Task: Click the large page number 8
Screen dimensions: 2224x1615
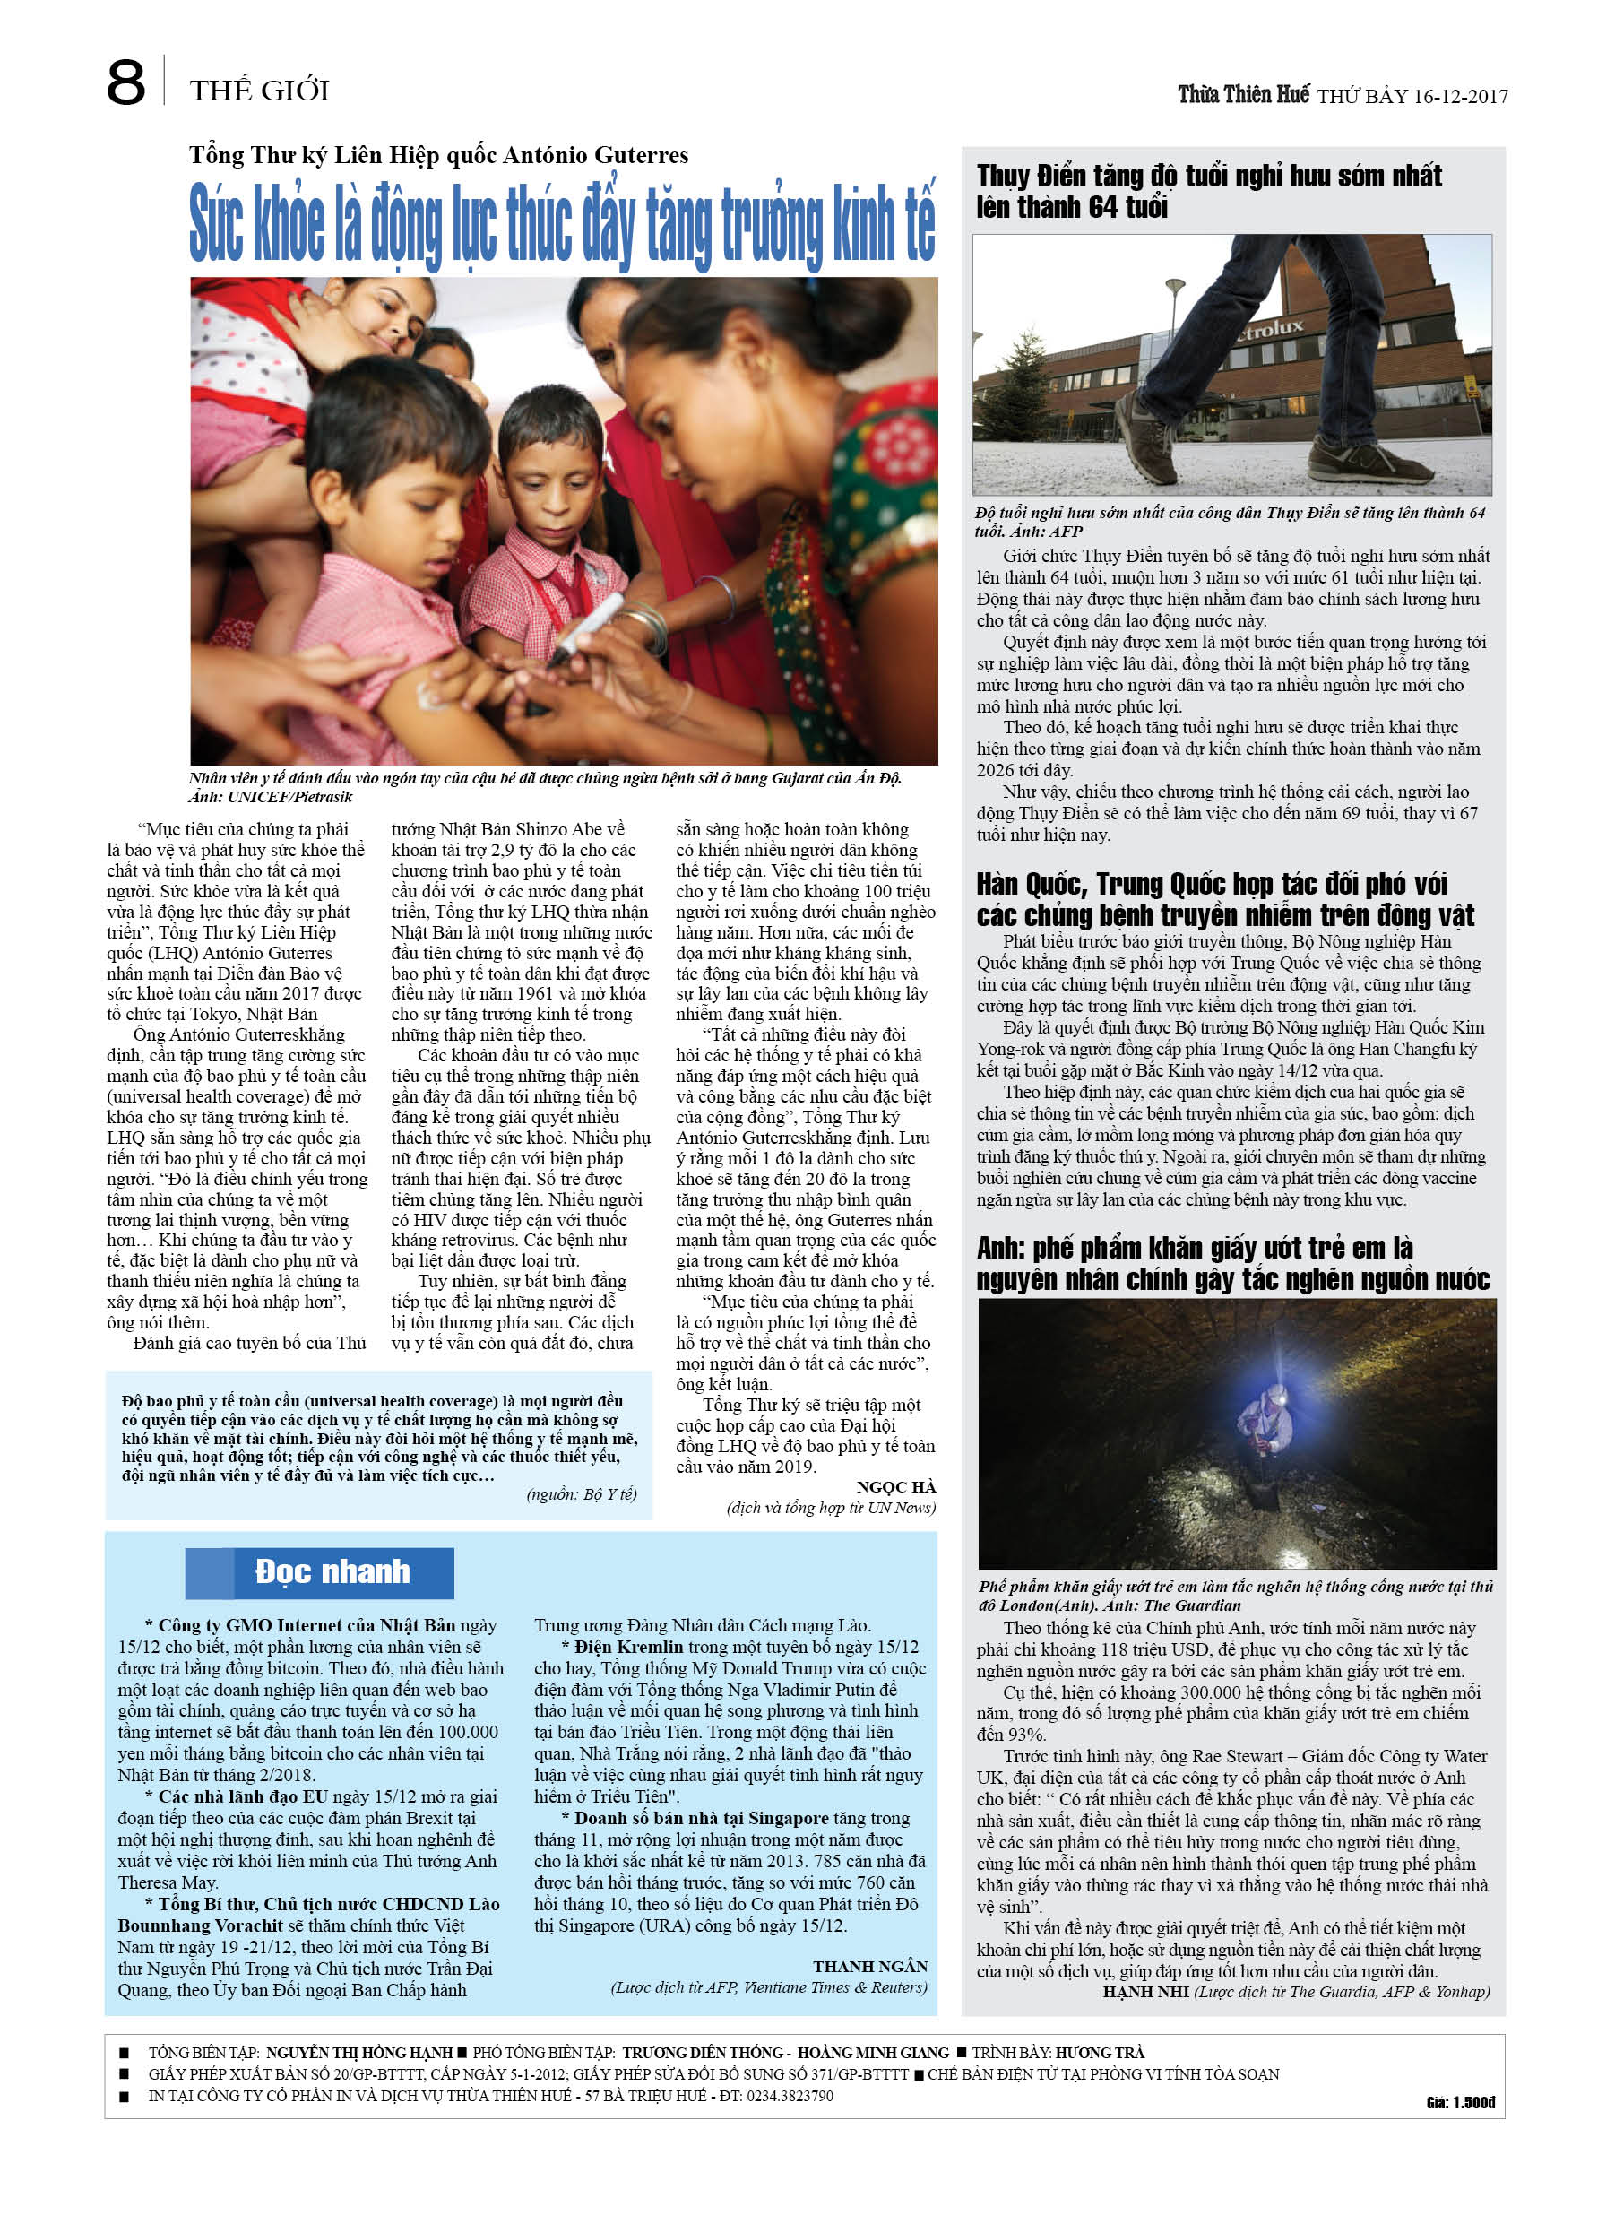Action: [x=125, y=83]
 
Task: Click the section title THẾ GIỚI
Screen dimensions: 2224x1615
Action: [x=260, y=91]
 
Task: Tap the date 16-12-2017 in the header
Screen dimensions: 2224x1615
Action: [x=1460, y=96]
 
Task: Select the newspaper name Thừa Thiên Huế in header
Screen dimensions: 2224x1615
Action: [x=1243, y=94]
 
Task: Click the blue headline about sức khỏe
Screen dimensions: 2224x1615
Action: [x=562, y=223]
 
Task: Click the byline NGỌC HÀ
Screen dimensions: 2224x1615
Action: [x=895, y=1487]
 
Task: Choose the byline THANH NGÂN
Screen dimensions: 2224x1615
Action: [x=869, y=1966]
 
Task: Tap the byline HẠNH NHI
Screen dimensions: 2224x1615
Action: [x=1144, y=1992]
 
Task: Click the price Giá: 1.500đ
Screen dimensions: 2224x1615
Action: [x=1460, y=2101]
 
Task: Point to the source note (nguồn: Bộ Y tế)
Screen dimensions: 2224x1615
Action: [x=582, y=1493]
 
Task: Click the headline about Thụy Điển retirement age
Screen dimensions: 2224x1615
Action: [x=1208, y=191]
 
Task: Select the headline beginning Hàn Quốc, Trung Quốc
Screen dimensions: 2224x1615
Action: [x=1223, y=899]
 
